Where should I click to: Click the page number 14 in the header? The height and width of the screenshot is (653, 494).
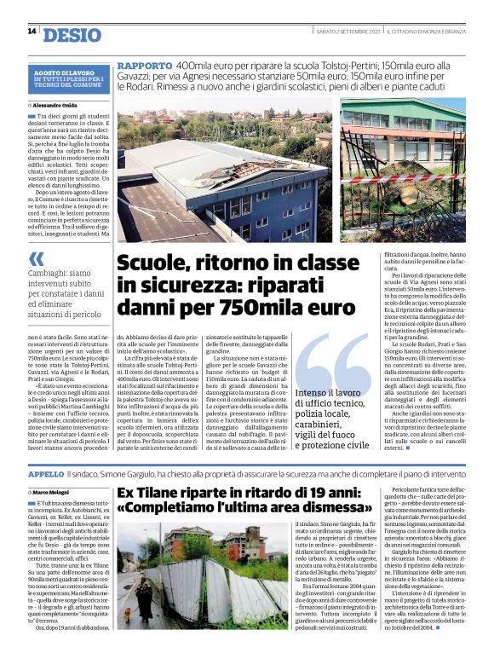(x=32, y=32)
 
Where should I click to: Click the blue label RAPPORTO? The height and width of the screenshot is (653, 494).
(x=144, y=65)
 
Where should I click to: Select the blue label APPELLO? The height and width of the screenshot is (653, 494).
(x=46, y=472)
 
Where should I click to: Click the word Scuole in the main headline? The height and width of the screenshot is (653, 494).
(x=150, y=264)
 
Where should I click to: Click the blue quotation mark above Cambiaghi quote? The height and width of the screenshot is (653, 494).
(x=36, y=258)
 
